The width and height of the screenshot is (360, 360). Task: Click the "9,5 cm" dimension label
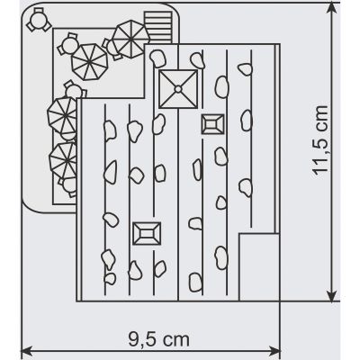[159, 339]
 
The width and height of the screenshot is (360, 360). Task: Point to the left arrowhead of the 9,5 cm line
[26, 350]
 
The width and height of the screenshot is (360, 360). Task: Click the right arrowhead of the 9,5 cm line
[274, 350]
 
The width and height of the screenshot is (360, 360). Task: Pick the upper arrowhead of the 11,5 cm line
[332, 8]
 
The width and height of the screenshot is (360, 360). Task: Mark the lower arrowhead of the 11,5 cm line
[332, 295]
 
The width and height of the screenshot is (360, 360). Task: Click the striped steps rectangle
[158, 28]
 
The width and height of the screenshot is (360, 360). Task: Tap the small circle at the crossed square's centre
[178, 89]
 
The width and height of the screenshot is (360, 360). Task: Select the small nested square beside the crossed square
[212, 124]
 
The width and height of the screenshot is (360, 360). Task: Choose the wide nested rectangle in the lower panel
[147, 233]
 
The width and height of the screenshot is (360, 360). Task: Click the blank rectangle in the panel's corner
[258, 267]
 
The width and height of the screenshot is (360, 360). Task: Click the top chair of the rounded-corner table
[39, 11]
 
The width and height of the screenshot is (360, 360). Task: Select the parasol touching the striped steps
[130, 39]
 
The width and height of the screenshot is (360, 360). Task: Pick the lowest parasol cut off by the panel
[63, 161]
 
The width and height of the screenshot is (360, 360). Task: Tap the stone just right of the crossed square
[222, 87]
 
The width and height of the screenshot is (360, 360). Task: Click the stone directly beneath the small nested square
[220, 156]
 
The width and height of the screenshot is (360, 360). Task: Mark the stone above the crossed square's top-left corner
[157, 58]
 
